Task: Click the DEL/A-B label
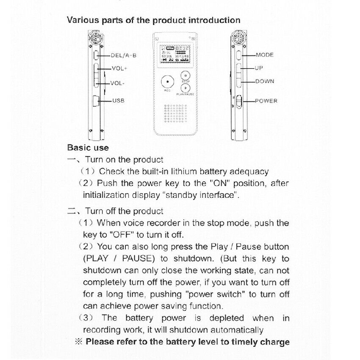[x=124, y=55]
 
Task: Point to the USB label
[x=119, y=101]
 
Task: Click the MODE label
[x=265, y=55]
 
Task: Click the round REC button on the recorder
[x=168, y=81]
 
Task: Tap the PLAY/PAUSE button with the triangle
[x=185, y=88]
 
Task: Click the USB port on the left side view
[x=96, y=101]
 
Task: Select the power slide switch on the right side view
[x=239, y=102]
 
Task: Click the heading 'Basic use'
[x=88, y=148]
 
